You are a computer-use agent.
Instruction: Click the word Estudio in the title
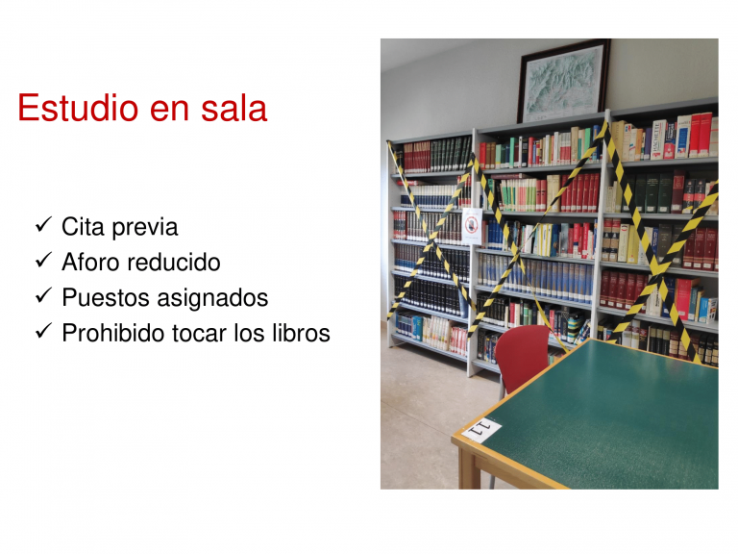pos(78,108)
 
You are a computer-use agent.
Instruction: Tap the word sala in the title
pos(234,108)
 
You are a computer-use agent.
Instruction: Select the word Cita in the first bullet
pos(84,227)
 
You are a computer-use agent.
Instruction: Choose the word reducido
pos(174,262)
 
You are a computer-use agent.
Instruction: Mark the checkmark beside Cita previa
pos(43,225)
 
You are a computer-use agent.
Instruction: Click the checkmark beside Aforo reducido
pos(43,260)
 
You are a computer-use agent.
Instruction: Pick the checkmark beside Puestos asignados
pos(43,295)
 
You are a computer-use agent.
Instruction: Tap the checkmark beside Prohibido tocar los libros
pos(43,330)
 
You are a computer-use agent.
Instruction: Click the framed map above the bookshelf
pos(563,81)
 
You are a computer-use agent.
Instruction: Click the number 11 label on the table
pos(482,430)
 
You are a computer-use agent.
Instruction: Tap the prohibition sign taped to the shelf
pos(472,226)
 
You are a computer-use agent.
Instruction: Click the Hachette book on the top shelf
pos(657,139)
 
